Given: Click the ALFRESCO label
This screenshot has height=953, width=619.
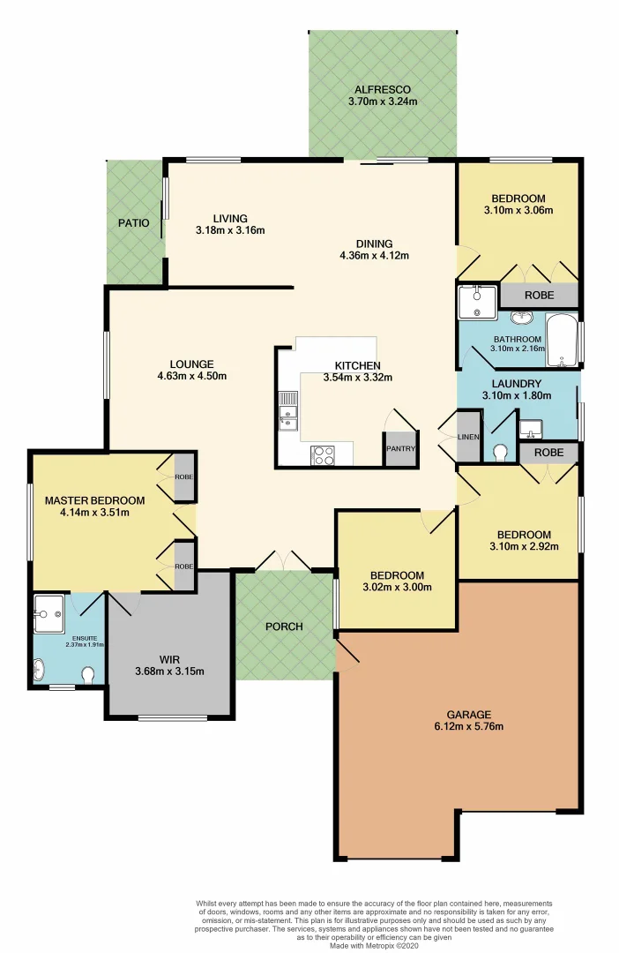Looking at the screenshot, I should click(382, 89).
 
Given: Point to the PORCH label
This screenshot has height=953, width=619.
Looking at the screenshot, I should click(284, 627).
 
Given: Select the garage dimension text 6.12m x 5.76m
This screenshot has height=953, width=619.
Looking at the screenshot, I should click(457, 727).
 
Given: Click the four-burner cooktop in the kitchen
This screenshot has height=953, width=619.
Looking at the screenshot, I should click(323, 455).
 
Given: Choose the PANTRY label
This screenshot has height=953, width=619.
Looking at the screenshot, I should click(399, 448).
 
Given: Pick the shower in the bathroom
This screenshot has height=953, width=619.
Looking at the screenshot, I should click(477, 303).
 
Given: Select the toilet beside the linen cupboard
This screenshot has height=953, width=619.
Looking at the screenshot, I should click(501, 453).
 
